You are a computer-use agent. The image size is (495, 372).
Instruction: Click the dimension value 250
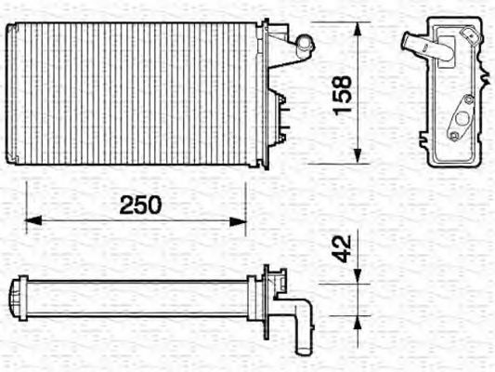[x=140, y=206]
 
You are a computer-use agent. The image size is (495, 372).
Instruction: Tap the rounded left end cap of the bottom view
[x=16, y=298]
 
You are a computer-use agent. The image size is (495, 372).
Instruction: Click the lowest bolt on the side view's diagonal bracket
[x=452, y=136]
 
